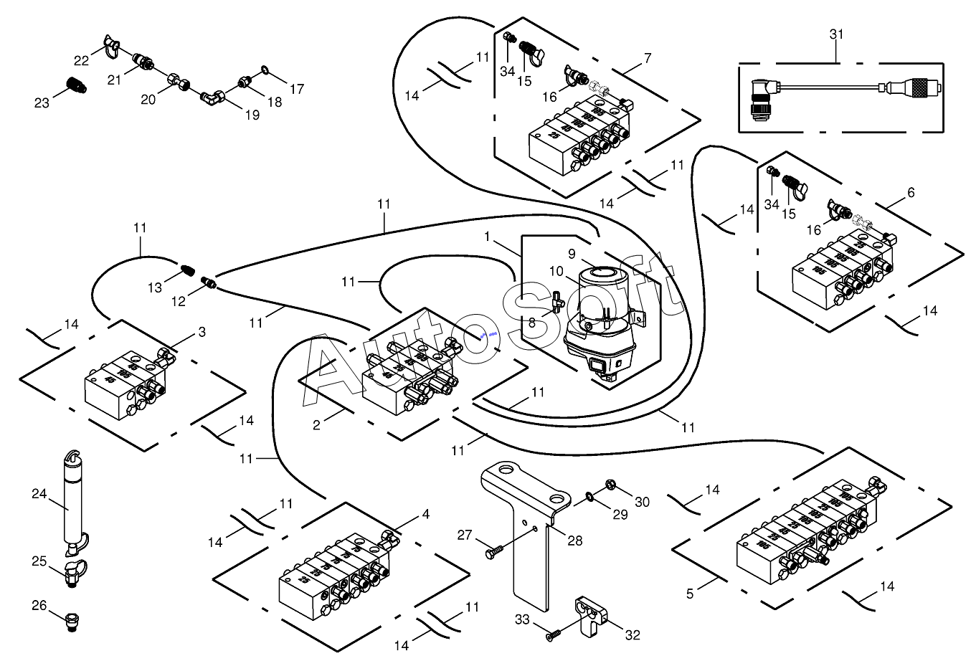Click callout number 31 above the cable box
click(x=837, y=34)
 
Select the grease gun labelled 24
click(x=72, y=502)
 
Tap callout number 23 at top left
click(x=42, y=103)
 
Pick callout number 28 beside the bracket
click(x=575, y=541)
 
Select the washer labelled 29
click(x=589, y=495)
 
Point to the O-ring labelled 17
click(x=265, y=70)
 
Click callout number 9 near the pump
click(x=572, y=254)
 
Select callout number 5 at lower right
click(x=690, y=594)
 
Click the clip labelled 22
click(x=109, y=45)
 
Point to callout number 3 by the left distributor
click(x=202, y=332)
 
